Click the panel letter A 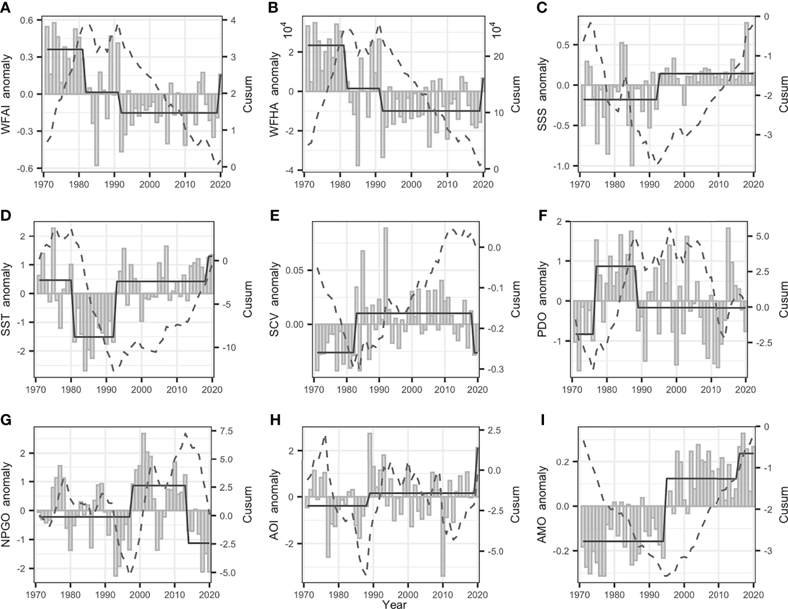tap(6, 7)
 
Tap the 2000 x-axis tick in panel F tap(676, 390)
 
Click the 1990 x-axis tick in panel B tap(375, 184)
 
